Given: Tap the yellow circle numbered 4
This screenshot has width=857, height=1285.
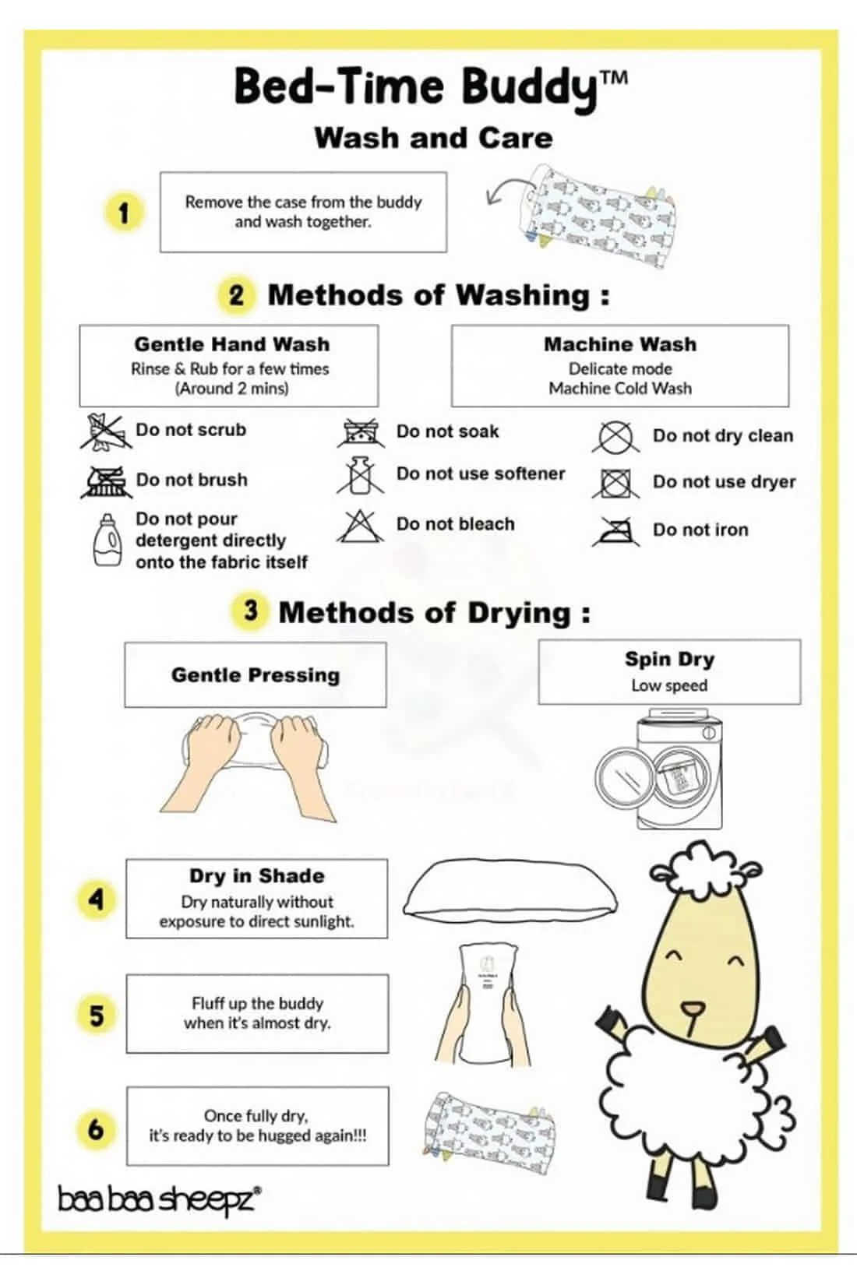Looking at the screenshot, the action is (97, 899).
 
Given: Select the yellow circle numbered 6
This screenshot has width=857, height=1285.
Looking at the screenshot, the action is (97, 1129).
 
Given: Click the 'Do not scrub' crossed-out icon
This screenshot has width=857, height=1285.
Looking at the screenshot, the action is (104, 431).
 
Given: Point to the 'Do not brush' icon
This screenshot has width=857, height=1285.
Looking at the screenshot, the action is (104, 481).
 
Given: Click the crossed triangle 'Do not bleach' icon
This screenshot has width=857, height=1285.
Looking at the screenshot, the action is (360, 526).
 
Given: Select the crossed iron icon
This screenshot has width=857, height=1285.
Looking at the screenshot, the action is (616, 530).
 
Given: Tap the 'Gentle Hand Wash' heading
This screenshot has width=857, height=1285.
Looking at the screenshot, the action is (232, 344).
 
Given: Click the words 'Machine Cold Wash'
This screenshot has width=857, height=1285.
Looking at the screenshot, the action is (620, 389).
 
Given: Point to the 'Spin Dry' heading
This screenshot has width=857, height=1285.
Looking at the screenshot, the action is (669, 660).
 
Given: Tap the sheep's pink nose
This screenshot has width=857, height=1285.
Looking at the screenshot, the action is (693, 1009).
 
